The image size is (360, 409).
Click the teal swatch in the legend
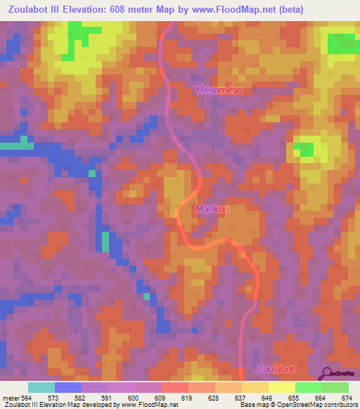tap(41, 387)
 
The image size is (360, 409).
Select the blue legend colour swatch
tap(67, 387)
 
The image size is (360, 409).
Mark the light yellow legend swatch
tap(281, 387)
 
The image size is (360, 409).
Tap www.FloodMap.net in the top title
tap(255, 10)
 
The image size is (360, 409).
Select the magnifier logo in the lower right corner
tap(327, 373)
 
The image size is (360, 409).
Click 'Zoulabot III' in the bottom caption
tap(21, 405)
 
